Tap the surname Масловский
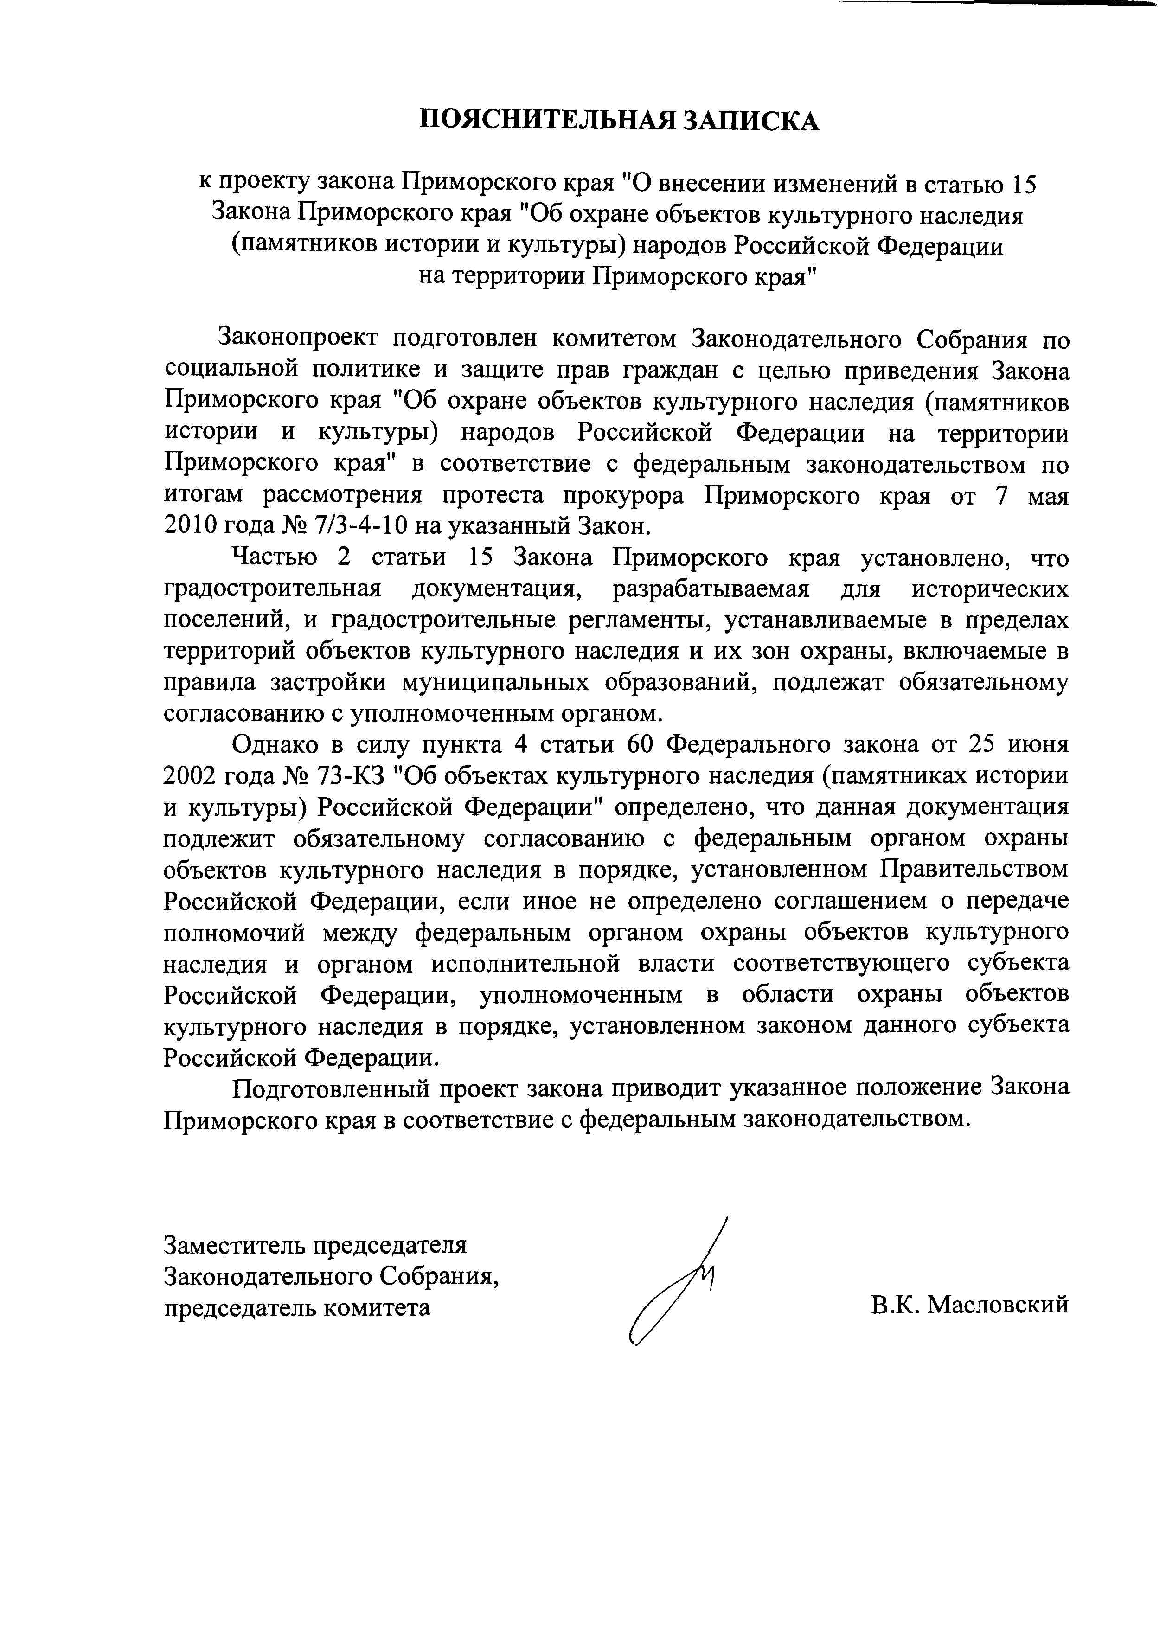coord(997,1306)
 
